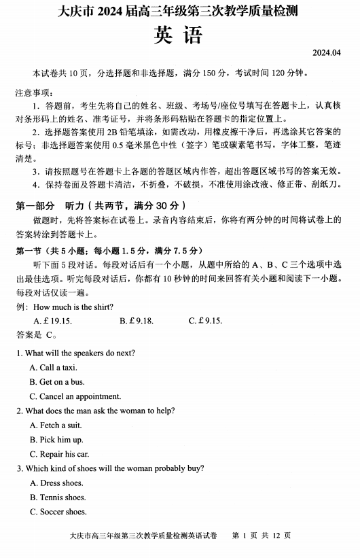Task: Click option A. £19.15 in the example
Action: (53, 321)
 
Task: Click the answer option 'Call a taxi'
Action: (54, 368)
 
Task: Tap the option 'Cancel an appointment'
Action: (71, 396)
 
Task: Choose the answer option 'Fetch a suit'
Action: (56, 425)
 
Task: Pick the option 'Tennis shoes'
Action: (58, 498)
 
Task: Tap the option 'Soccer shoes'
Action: (58, 512)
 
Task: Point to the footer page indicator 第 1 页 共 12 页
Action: (261, 537)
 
